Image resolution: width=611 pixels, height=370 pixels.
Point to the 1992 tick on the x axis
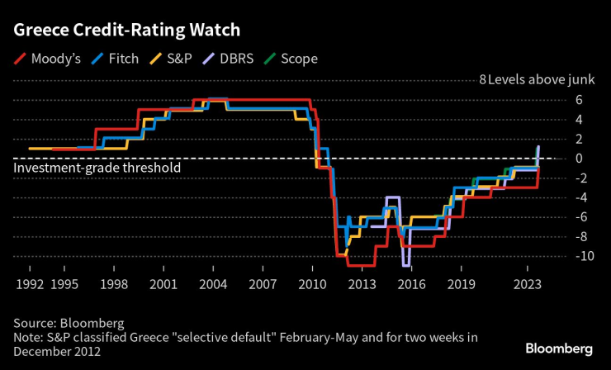[30, 283]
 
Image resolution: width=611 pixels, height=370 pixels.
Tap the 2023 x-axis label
[528, 283]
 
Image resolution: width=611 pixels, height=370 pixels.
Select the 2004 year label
[214, 283]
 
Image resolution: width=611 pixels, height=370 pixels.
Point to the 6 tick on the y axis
[580, 99]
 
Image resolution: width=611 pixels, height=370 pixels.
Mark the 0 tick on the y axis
[580, 158]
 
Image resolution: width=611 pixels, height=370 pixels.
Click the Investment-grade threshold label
[97, 168]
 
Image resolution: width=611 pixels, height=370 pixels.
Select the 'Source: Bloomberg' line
[69, 323]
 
